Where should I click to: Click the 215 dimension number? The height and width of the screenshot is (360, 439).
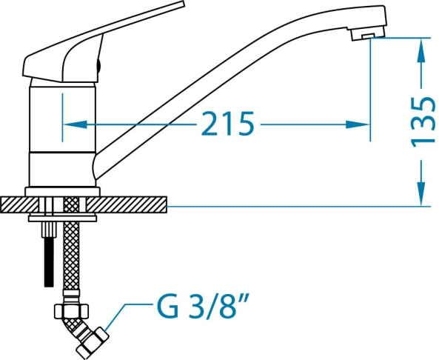tap(227, 123)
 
